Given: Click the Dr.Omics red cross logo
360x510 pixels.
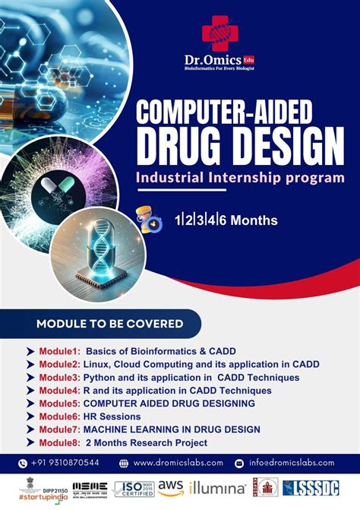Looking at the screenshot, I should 219,33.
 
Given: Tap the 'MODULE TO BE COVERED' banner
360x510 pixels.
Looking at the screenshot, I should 109,324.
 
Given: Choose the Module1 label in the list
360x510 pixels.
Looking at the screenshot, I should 59,351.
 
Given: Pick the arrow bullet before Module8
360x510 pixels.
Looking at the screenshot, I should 30,442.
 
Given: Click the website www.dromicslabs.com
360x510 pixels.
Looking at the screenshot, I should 178,462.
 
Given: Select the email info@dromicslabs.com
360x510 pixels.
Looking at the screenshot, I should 295,462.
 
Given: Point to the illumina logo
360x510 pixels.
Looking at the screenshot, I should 218,489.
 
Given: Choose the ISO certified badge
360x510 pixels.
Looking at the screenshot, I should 134,489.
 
